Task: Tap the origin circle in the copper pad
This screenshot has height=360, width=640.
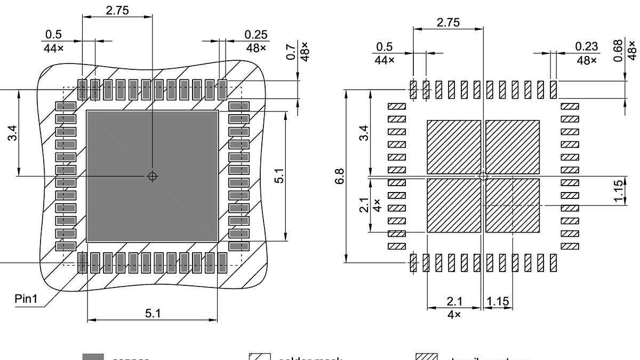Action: (x=153, y=176)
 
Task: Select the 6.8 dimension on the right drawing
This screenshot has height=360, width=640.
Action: (x=340, y=176)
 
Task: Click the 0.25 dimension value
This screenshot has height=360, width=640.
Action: (x=256, y=34)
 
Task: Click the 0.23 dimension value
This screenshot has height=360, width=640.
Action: (x=587, y=47)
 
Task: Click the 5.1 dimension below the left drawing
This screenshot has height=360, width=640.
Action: (x=153, y=313)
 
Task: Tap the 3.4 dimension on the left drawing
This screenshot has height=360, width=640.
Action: (x=12, y=133)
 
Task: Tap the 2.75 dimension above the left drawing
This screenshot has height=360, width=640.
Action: (x=117, y=10)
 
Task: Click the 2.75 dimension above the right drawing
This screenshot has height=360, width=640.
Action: (x=448, y=22)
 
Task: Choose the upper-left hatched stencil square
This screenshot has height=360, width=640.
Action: (x=454, y=147)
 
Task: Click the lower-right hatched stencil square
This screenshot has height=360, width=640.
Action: (x=513, y=205)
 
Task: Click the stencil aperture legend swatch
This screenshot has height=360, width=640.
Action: (x=427, y=357)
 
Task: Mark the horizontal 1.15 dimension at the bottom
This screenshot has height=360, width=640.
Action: (x=498, y=301)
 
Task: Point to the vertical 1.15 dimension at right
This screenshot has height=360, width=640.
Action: (x=618, y=191)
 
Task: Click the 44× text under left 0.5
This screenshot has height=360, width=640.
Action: (x=53, y=47)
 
